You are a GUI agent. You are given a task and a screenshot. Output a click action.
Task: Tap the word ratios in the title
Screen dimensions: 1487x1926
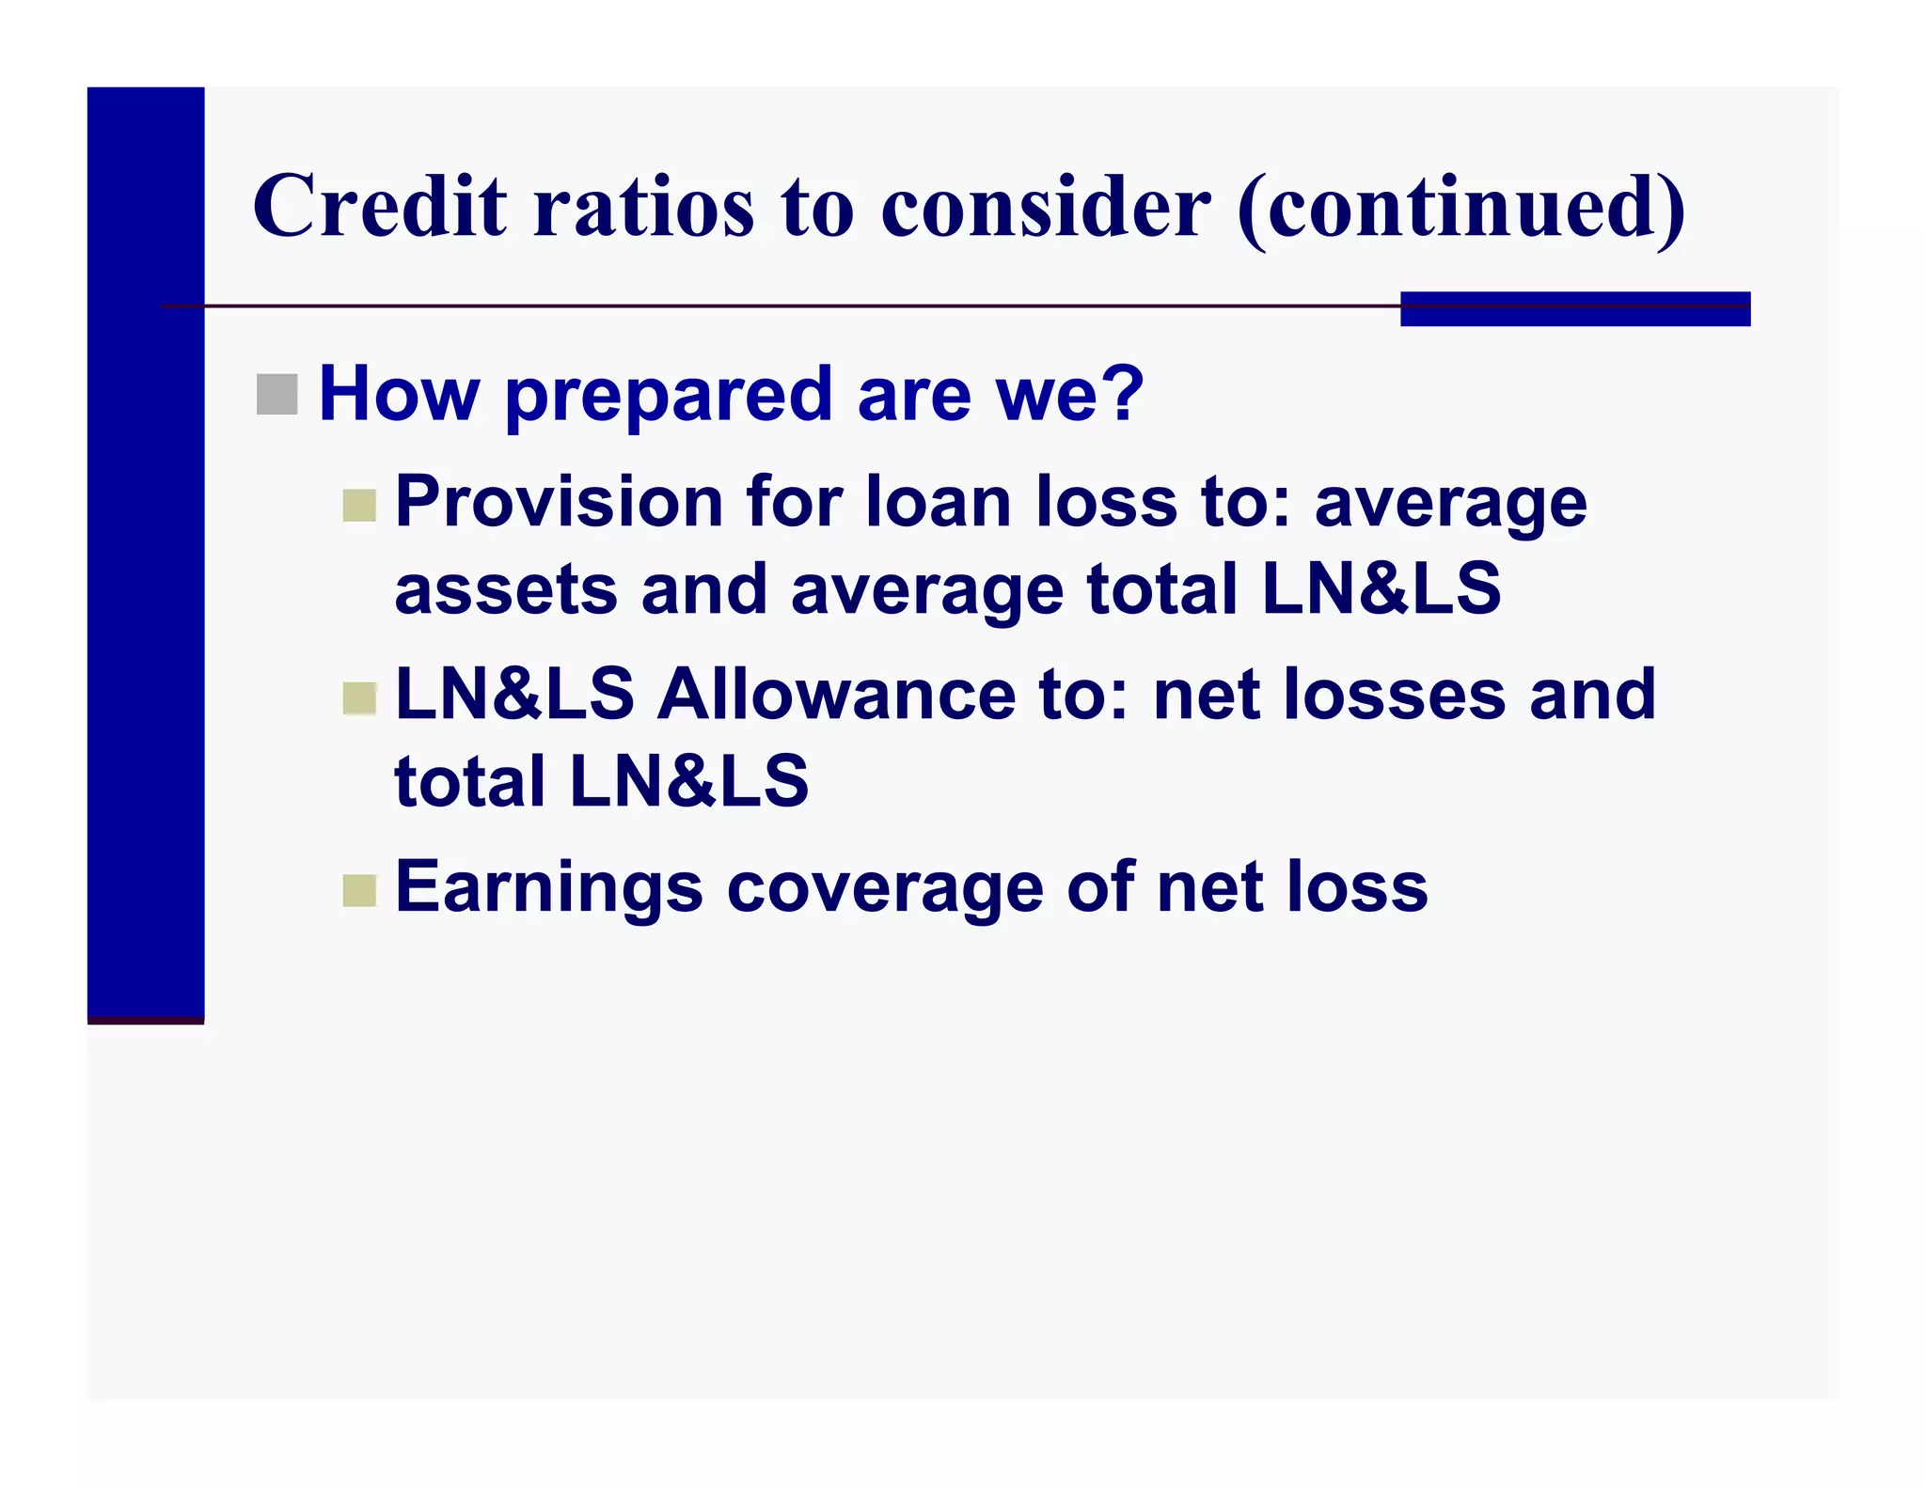coord(644,207)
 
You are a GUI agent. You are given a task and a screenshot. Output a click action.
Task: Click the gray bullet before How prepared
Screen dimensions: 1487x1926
coord(276,394)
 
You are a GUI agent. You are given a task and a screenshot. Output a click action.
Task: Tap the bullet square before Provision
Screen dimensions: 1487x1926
coord(359,506)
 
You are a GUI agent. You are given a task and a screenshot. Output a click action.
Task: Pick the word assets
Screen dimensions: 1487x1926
coord(505,590)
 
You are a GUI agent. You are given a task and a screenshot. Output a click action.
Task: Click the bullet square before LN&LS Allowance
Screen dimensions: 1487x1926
coord(359,698)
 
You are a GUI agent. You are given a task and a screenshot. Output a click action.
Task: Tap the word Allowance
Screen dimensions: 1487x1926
coord(837,696)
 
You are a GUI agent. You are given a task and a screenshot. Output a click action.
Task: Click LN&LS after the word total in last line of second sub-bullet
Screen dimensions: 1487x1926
coord(688,782)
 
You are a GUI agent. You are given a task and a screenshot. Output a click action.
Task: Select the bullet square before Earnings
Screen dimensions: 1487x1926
coord(359,890)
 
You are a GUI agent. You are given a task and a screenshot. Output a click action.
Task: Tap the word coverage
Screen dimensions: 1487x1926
coord(885,888)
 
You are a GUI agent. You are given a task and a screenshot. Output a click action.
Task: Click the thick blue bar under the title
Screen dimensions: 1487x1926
coord(1574,309)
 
